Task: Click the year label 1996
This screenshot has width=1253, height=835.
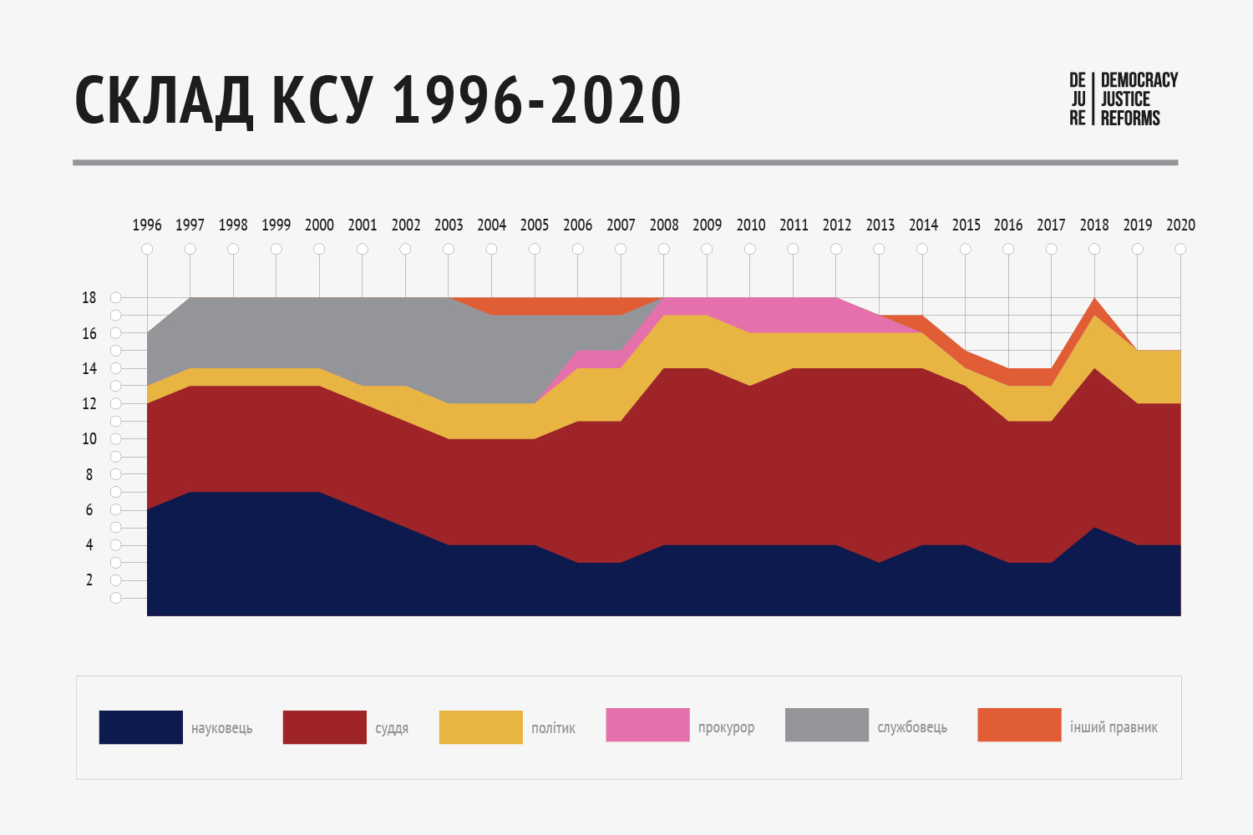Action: click(147, 225)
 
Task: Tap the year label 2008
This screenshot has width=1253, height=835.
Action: click(664, 225)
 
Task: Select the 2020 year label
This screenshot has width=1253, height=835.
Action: click(1180, 225)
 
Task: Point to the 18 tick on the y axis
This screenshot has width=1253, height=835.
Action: click(89, 298)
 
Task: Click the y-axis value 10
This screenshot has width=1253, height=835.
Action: click(89, 439)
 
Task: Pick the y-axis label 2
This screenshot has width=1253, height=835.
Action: click(89, 580)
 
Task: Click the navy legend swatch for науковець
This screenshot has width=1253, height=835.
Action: click(141, 727)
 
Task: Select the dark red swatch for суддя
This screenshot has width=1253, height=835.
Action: click(325, 727)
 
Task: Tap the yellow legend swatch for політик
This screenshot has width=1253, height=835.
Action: click(481, 727)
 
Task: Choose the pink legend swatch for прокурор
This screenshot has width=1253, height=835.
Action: click(647, 725)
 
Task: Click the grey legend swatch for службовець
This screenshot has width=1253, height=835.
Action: click(827, 725)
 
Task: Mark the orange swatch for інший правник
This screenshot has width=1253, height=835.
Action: click(1019, 725)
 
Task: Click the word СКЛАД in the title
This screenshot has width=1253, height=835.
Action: click(164, 101)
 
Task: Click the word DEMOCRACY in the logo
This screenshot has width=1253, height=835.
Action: click(1139, 80)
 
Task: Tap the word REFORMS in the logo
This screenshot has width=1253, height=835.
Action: click(1130, 119)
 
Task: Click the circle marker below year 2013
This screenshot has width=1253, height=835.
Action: click(879, 249)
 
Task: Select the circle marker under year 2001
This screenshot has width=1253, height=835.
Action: click(363, 249)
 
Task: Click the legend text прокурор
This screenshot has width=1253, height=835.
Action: click(726, 727)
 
